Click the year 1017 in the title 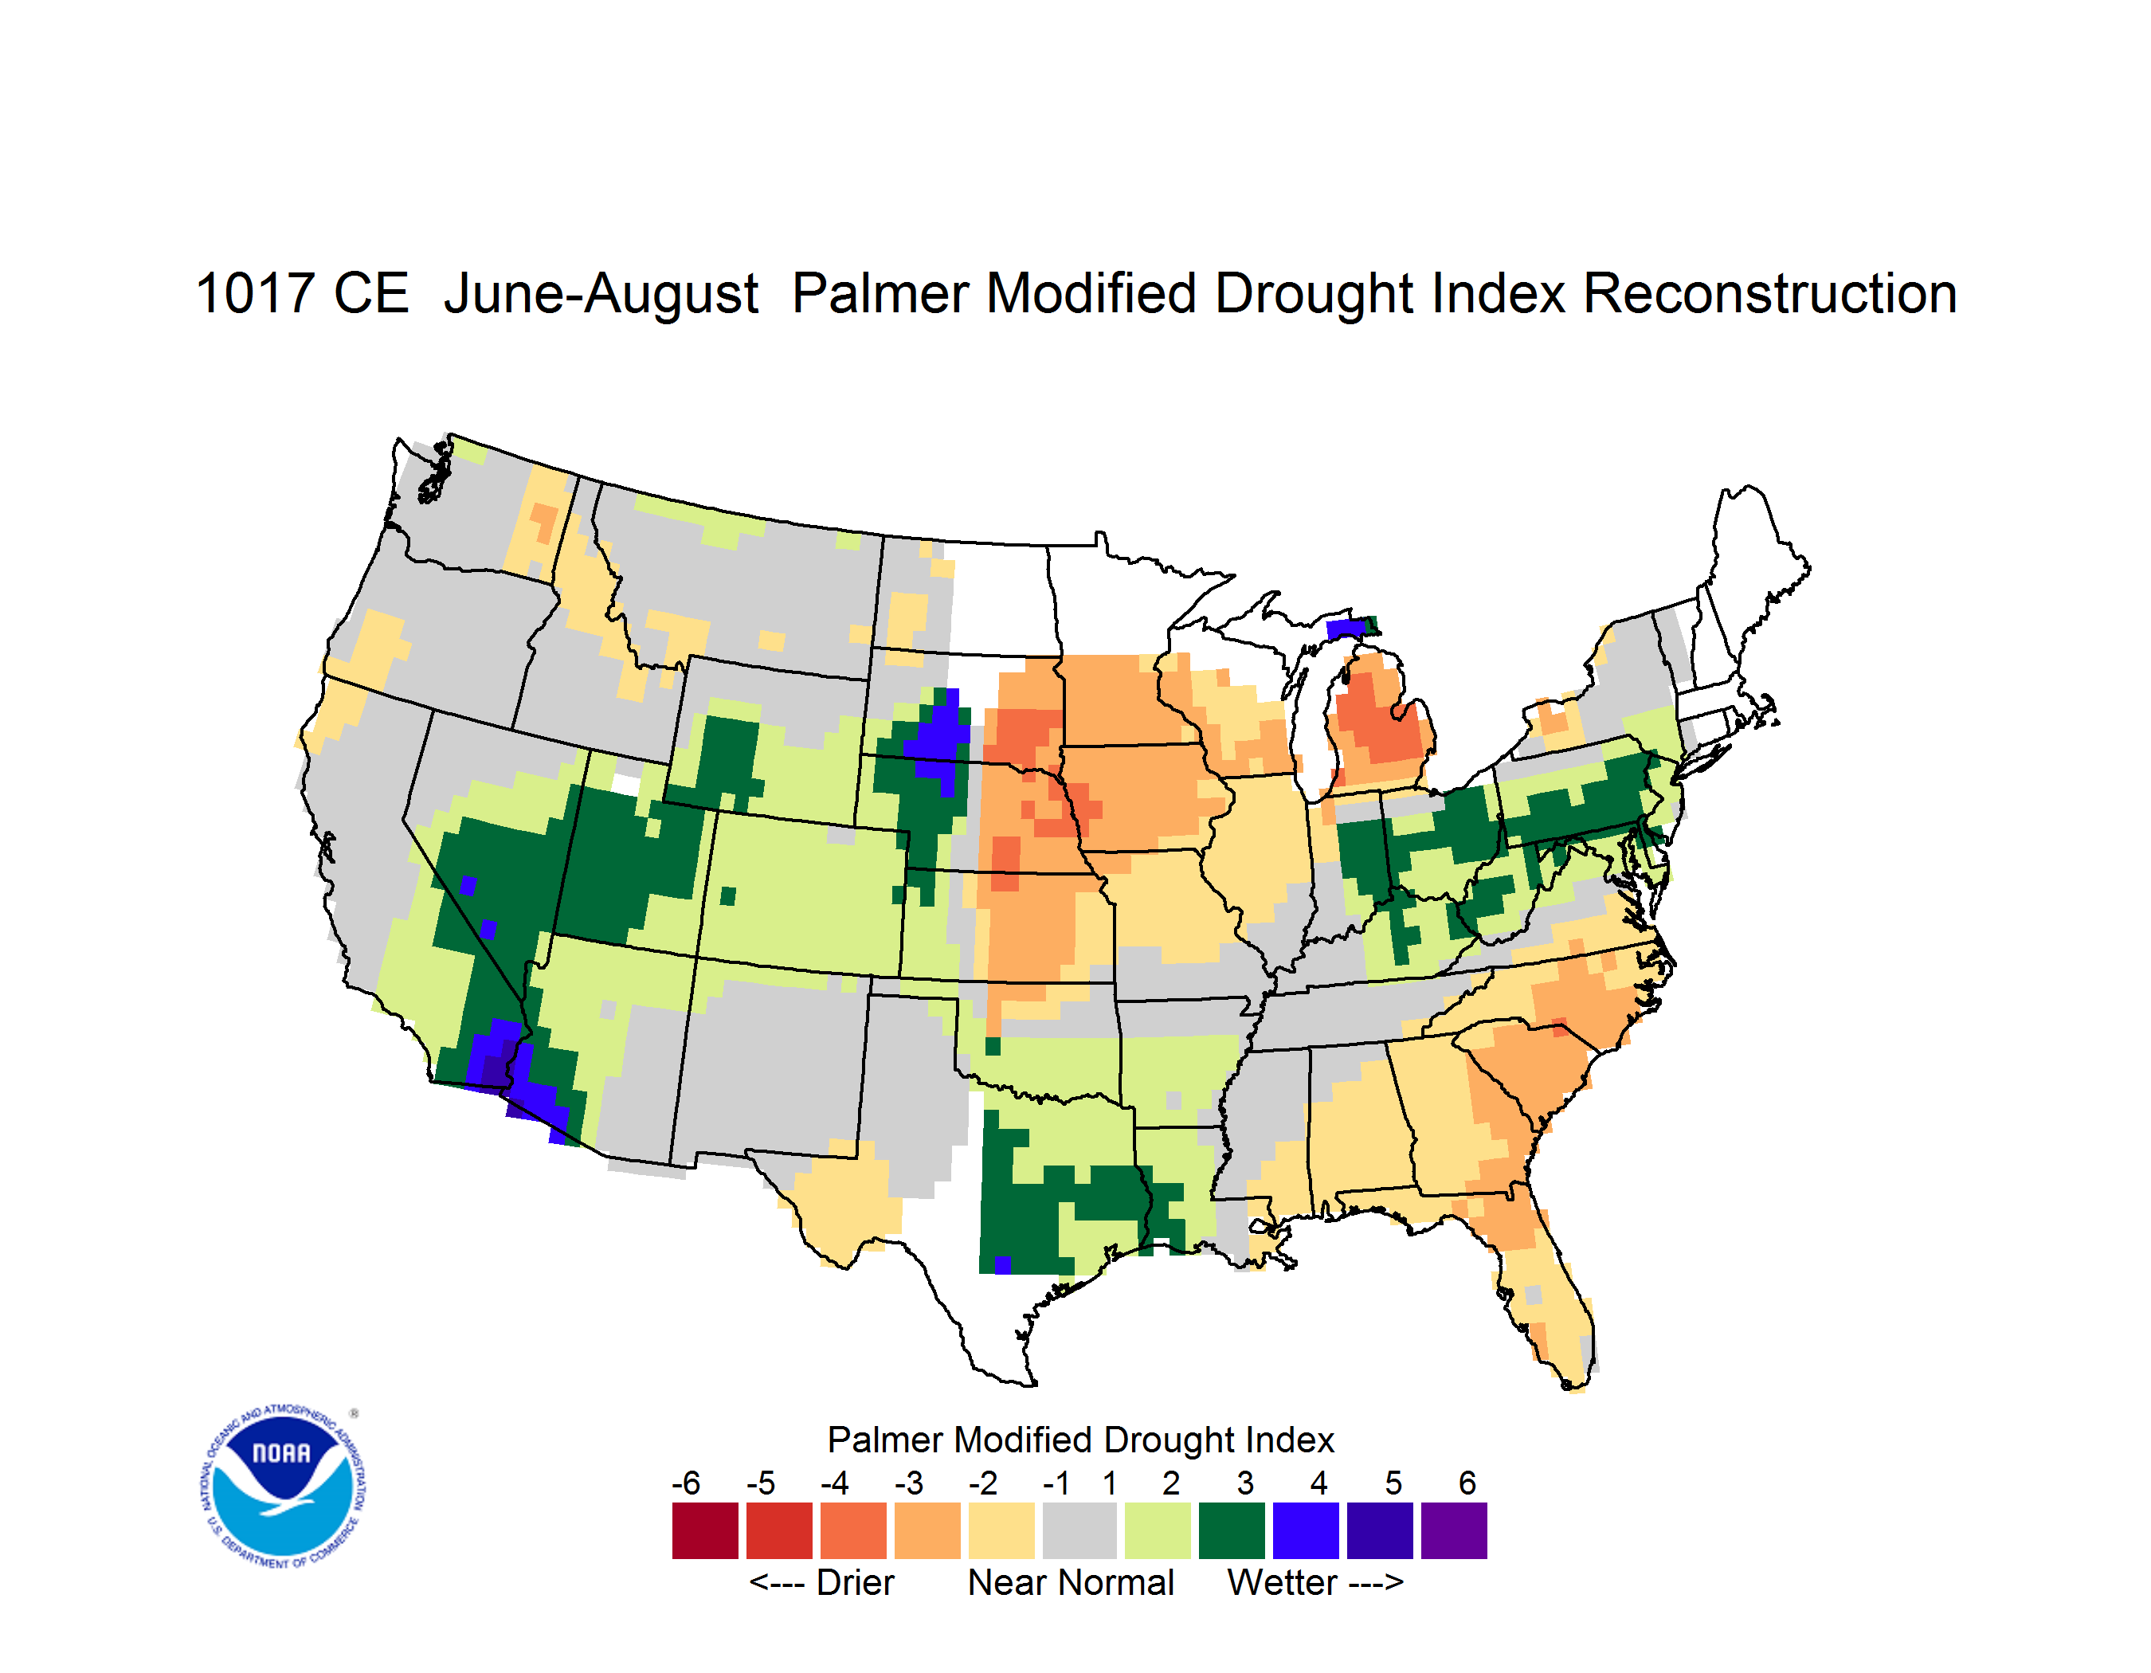(x=254, y=295)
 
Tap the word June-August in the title (x=601, y=295)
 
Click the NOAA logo (x=283, y=1487)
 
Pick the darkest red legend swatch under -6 (x=705, y=1530)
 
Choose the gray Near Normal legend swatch (x=1079, y=1530)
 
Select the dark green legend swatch (x=1231, y=1530)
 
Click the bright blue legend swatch (x=1306, y=1530)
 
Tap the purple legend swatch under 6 (x=1454, y=1530)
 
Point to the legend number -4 (x=834, y=1483)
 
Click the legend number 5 (x=1393, y=1483)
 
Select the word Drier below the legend (x=855, y=1582)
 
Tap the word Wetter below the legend (x=1283, y=1582)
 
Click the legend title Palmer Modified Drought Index (x=1080, y=1440)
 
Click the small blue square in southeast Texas (x=1003, y=1264)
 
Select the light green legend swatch (x=1158, y=1530)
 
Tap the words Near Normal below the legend (x=1071, y=1582)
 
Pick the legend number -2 (x=983, y=1483)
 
